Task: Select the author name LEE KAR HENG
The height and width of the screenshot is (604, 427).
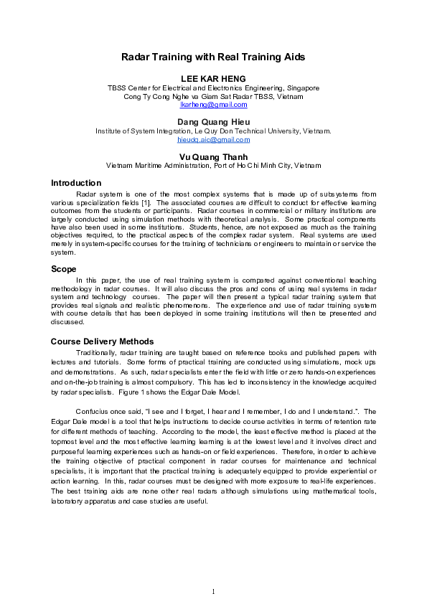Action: click(213, 77)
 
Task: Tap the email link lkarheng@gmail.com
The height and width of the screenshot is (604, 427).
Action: click(213, 105)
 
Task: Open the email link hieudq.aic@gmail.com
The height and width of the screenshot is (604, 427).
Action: click(213, 140)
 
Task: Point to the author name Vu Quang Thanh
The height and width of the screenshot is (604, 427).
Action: click(213, 156)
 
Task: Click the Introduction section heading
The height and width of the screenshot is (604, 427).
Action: click(75, 183)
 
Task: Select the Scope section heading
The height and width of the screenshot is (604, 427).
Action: click(64, 269)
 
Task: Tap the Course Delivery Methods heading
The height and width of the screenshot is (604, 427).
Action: click(102, 341)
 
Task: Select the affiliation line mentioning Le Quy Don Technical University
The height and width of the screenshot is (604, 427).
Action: click(213, 131)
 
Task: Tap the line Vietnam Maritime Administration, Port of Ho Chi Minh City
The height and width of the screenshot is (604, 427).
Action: click(213, 165)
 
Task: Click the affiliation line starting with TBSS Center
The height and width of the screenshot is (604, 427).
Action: click(213, 88)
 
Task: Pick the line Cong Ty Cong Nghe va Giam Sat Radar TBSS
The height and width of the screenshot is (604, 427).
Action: click(213, 96)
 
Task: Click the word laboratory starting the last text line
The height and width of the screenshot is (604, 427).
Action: click(67, 501)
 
